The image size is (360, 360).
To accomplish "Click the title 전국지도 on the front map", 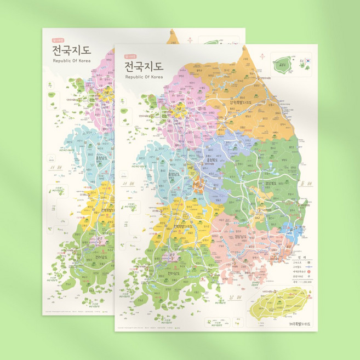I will [144, 67].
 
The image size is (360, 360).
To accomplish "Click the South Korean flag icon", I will [307, 61].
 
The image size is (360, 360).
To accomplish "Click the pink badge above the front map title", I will [130, 55].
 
